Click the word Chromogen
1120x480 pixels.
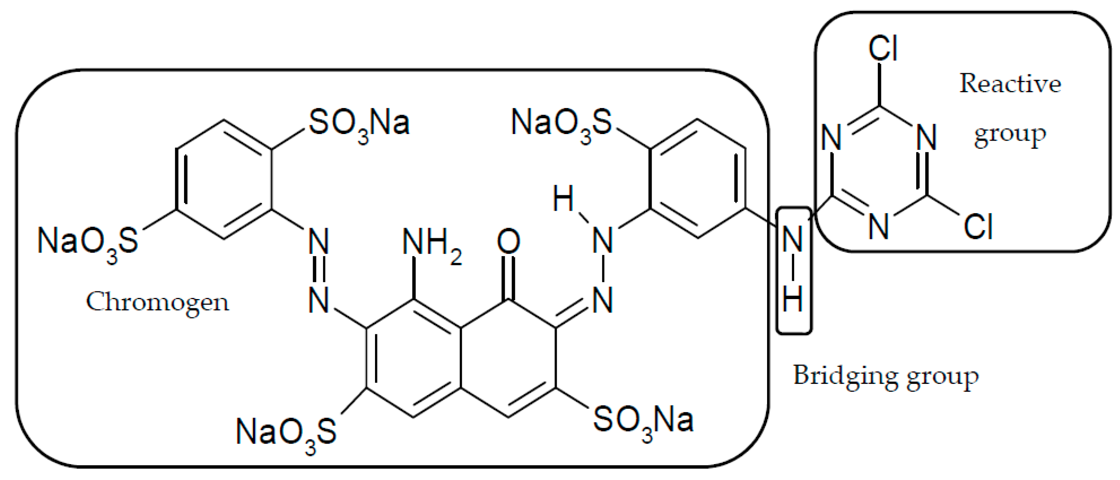click(x=157, y=302)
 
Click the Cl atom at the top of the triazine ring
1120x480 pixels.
click(x=883, y=49)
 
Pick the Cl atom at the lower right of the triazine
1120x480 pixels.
click(x=978, y=227)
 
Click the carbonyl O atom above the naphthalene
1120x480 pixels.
click(x=508, y=242)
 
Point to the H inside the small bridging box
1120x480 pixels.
click(x=792, y=299)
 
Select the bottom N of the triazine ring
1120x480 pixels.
click(x=879, y=227)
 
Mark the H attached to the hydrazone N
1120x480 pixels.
click(x=563, y=199)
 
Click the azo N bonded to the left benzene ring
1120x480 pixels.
click(x=319, y=242)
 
